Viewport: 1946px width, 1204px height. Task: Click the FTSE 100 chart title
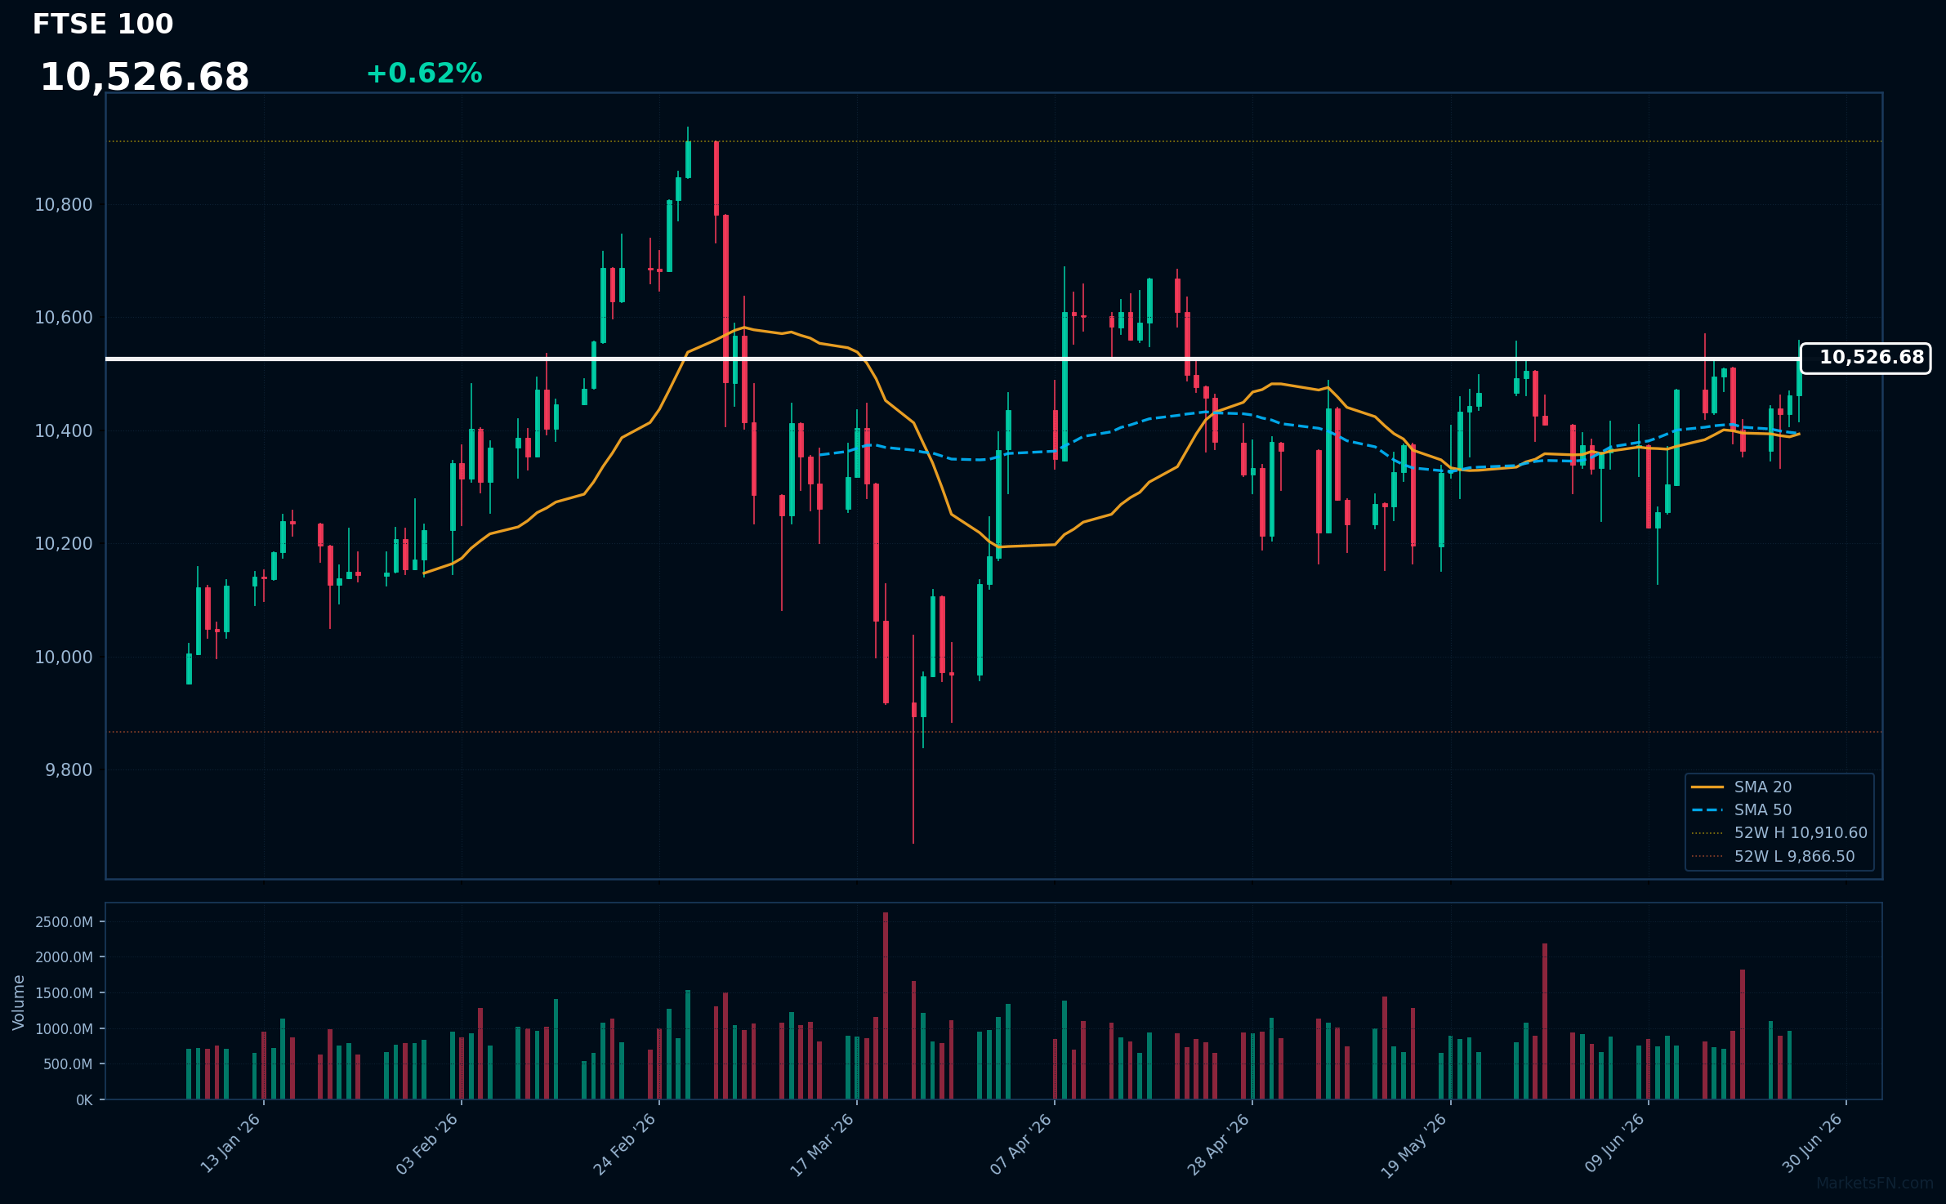[103, 25]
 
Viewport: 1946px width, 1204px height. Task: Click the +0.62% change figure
[424, 74]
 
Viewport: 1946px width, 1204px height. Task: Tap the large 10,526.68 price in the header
[145, 78]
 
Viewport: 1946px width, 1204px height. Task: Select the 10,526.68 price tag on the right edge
[1865, 358]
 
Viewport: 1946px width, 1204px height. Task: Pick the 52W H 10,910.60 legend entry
[1779, 833]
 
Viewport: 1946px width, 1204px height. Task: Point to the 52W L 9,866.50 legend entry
[1776, 857]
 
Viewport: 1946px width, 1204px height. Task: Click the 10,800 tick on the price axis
[64, 205]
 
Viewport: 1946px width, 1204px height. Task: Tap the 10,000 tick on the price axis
[64, 658]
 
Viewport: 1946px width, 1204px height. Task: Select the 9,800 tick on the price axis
[69, 770]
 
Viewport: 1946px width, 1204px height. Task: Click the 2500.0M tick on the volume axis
[64, 922]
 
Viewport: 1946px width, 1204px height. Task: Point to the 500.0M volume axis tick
[68, 1064]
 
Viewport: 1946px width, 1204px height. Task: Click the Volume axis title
[19, 1002]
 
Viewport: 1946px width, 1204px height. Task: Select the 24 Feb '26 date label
[625, 1144]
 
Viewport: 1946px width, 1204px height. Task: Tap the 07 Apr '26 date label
[1021, 1144]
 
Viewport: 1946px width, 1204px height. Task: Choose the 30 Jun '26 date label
[1813, 1144]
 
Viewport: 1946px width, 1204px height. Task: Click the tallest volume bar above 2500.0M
[886, 1006]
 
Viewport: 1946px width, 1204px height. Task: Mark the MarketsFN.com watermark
[1875, 1184]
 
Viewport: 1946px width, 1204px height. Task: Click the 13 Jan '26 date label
[230, 1144]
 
